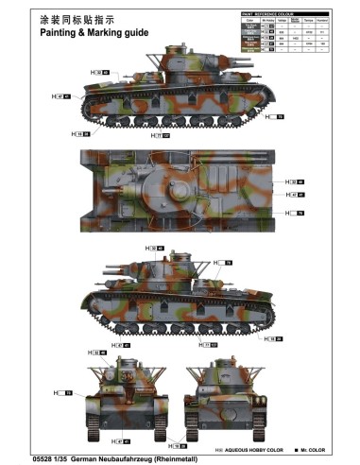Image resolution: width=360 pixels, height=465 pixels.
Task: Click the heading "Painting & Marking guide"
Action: click(x=93, y=31)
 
